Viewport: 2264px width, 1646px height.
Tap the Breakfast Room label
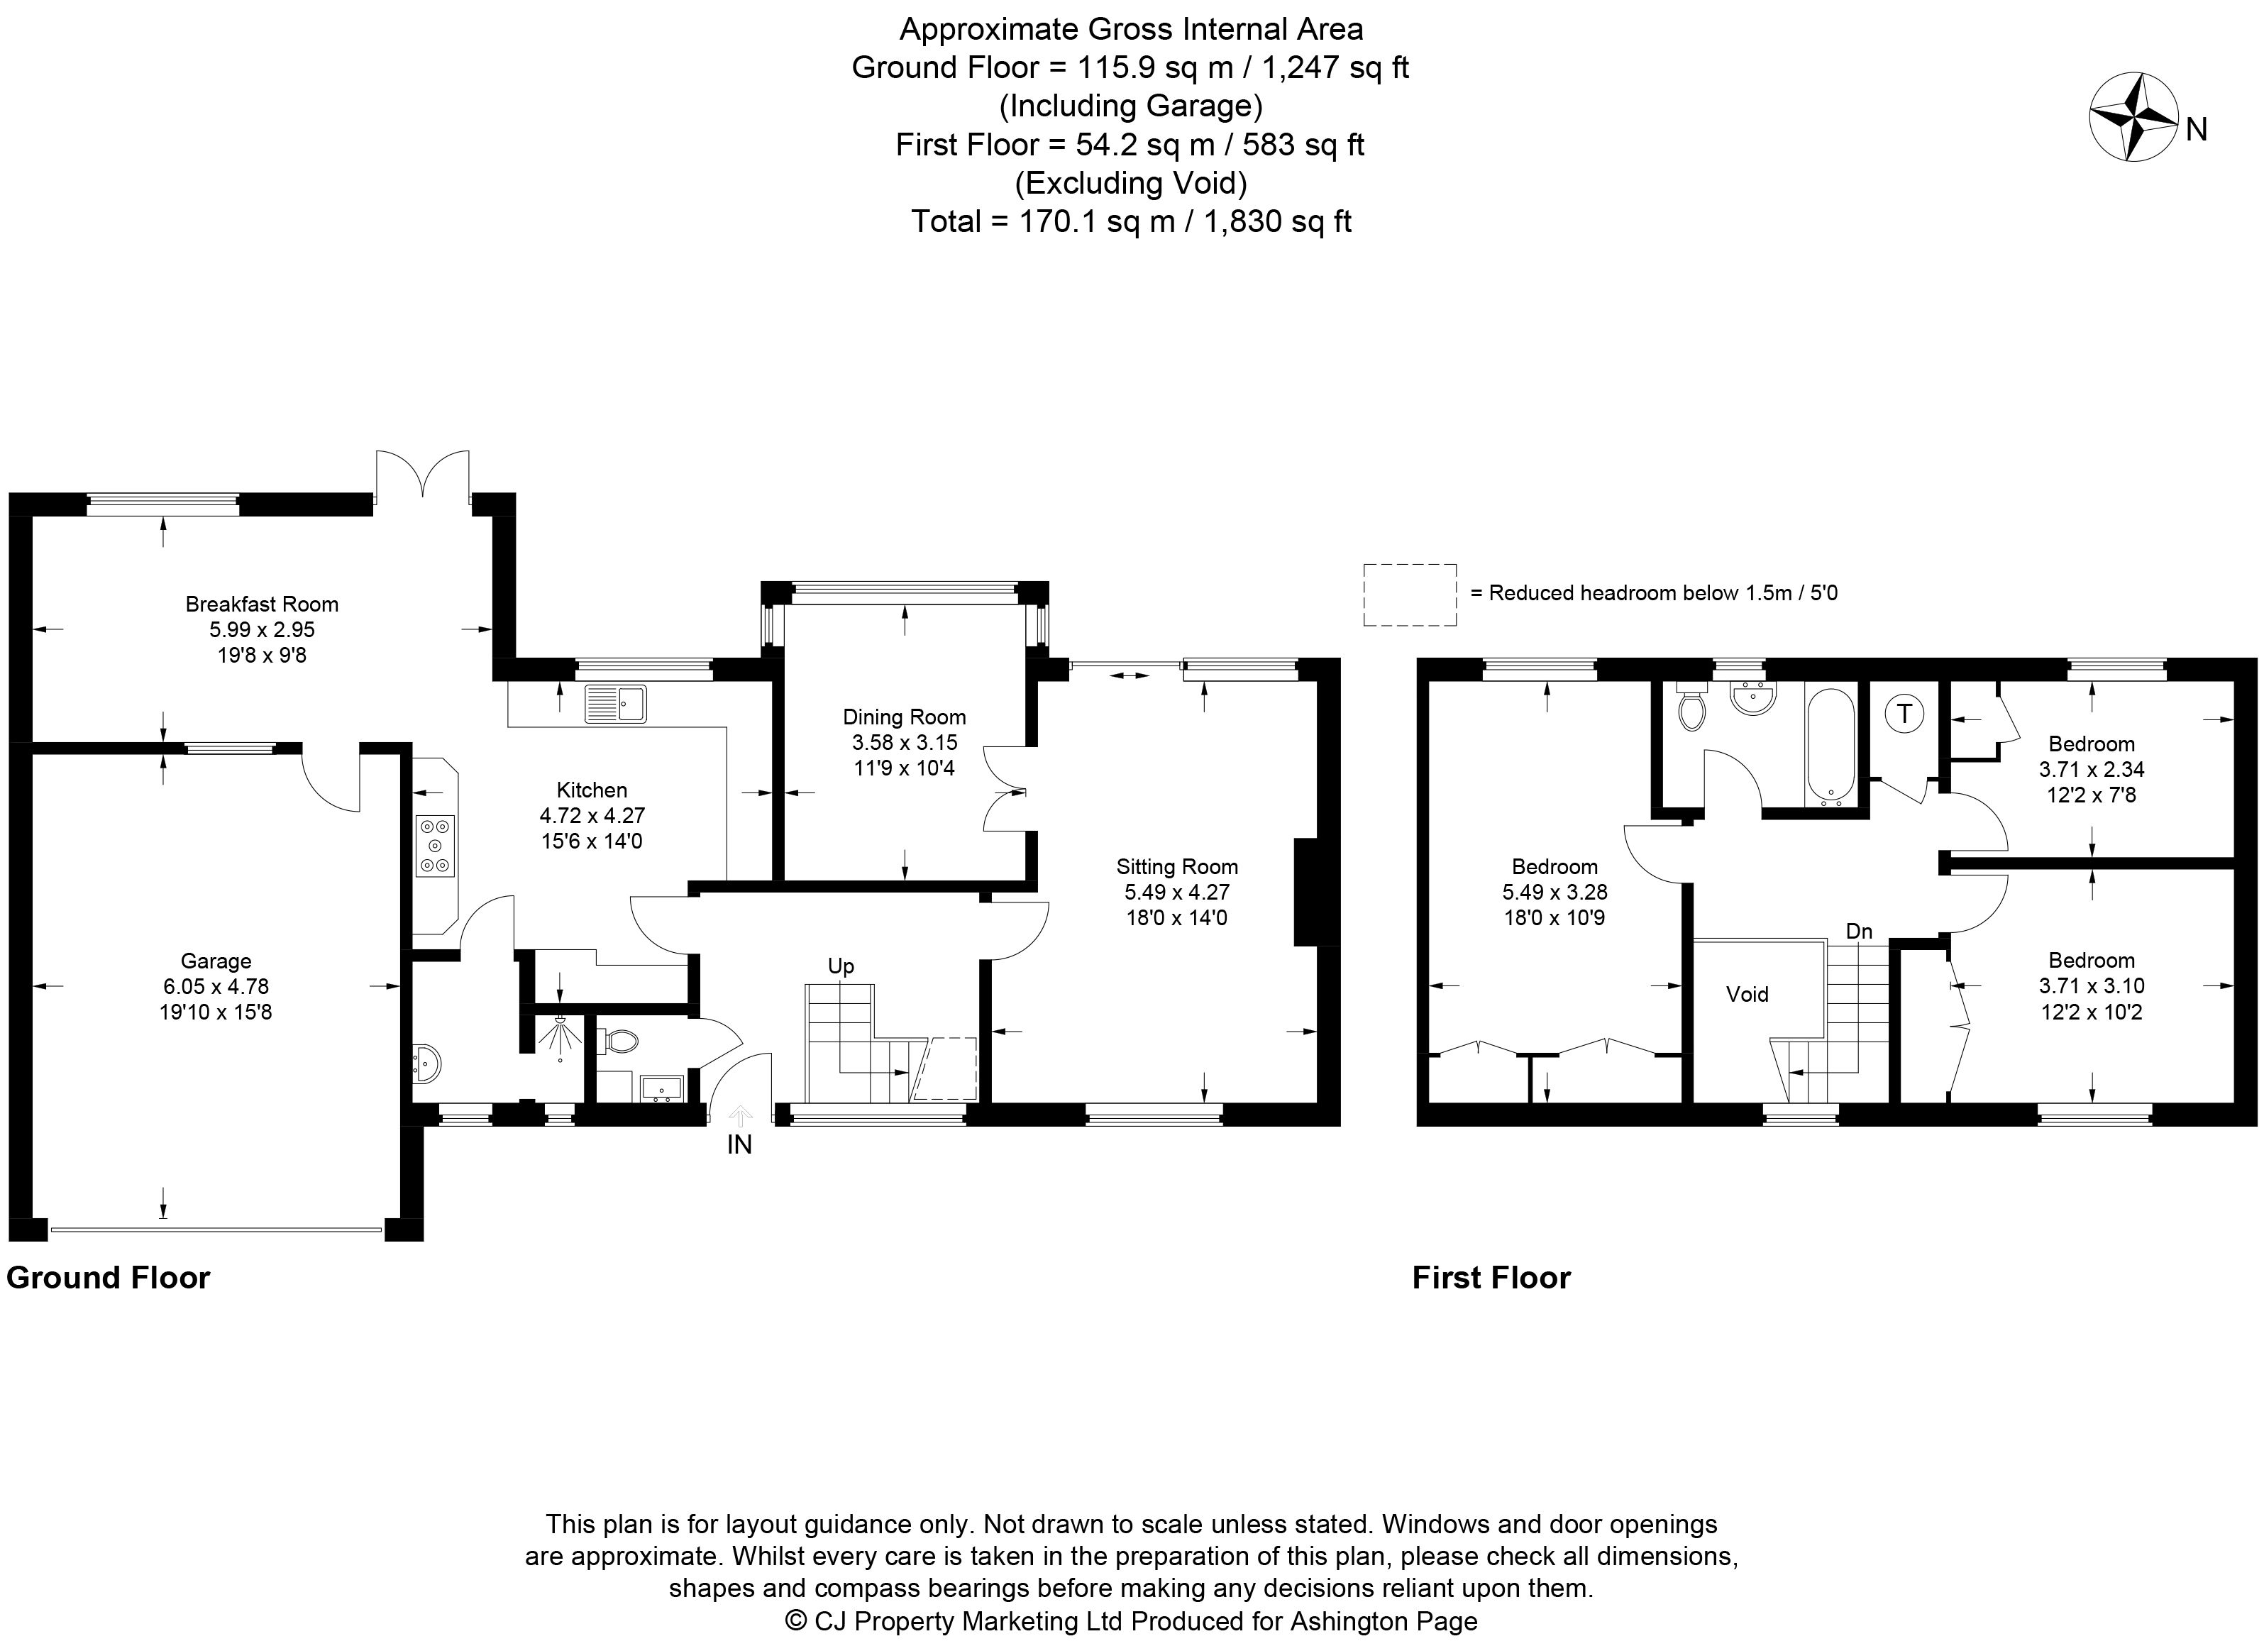(x=262, y=604)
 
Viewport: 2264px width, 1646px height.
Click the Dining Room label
(x=905, y=717)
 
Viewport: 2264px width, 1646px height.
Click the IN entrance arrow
(x=740, y=1115)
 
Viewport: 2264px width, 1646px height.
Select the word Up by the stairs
(x=841, y=966)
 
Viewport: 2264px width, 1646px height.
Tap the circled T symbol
(x=1904, y=714)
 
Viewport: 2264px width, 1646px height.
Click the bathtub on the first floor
(x=1830, y=746)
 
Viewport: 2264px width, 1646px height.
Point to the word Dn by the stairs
(x=1859, y=932)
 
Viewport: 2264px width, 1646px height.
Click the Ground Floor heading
(x=108, y=1278)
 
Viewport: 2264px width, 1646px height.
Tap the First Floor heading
(x=1491, y=1278)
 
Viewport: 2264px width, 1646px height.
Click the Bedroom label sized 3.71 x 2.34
(x=2092, y=744)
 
